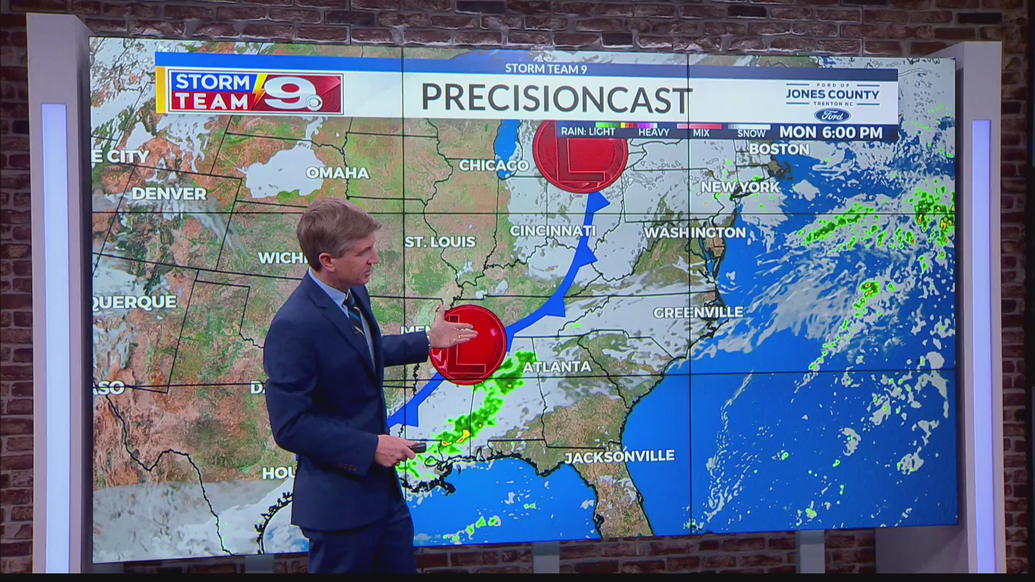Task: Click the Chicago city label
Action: [493, 165]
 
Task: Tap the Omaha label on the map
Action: [337, 173]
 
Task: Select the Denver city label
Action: [169, 194]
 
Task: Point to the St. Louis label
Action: [440, 242]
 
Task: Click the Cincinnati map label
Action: [553, 231]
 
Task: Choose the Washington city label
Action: [695, 233]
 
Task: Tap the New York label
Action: [740, 187]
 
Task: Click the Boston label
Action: [779, 149]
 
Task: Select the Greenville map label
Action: [698, 313]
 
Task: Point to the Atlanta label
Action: [557, 368]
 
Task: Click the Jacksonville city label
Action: [619, 457]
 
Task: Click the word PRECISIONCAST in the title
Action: [556, 99]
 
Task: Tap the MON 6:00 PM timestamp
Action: [831, 133]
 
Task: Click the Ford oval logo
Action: [832, 115]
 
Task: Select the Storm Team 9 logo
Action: [255, 92]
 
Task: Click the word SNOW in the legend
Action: [751, 133]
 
